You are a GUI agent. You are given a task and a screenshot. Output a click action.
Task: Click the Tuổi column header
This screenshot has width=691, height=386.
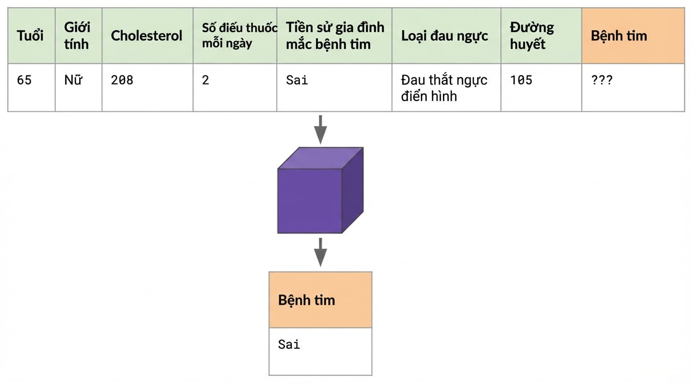click(x=30, y=36)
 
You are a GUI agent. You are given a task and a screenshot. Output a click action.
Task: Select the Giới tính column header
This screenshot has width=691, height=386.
click(x=77, y=36)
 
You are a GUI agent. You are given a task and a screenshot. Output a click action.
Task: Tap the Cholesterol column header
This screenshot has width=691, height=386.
click(x=147, y=36)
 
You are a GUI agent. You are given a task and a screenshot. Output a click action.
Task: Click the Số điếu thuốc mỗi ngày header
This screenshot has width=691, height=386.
click(x=240, y=36)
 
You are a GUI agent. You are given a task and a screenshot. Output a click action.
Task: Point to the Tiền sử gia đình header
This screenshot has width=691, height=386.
click(x=335, y=36)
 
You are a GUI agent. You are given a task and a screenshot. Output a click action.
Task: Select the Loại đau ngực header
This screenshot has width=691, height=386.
click(x=444, y=36)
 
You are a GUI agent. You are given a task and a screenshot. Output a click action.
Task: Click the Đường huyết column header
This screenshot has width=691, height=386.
click(x=532, y=36)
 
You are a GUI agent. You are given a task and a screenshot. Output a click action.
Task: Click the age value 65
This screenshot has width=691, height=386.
click(x=25, y=80)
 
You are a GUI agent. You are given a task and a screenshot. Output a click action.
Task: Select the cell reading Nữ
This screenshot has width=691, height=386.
click(x=73, y=80)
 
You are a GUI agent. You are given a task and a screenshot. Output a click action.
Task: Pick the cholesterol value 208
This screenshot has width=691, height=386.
click(x=122, y=80)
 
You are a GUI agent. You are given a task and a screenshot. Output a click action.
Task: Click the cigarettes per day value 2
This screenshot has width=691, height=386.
click(x=205, y=80)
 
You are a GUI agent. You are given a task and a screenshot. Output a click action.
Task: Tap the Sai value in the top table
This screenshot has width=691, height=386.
click(x=297, y=80)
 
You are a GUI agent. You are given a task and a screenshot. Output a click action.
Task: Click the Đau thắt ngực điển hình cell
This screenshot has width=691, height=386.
click(x=444, y=88)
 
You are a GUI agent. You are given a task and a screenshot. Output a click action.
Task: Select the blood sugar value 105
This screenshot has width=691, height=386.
click(x=521, y=80)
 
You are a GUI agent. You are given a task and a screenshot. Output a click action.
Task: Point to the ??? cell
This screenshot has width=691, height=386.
click(x=602, y=80)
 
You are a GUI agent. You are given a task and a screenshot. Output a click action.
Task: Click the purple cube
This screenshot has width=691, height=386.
click(x=320, y=190)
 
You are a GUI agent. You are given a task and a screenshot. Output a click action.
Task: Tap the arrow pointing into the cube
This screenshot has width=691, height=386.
click(x=320, y=130)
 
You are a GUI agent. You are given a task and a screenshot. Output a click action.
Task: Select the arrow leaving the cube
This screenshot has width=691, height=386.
click(x=320, y=252)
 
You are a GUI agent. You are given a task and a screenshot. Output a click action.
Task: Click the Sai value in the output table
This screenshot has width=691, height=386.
click(x=289, y=344)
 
